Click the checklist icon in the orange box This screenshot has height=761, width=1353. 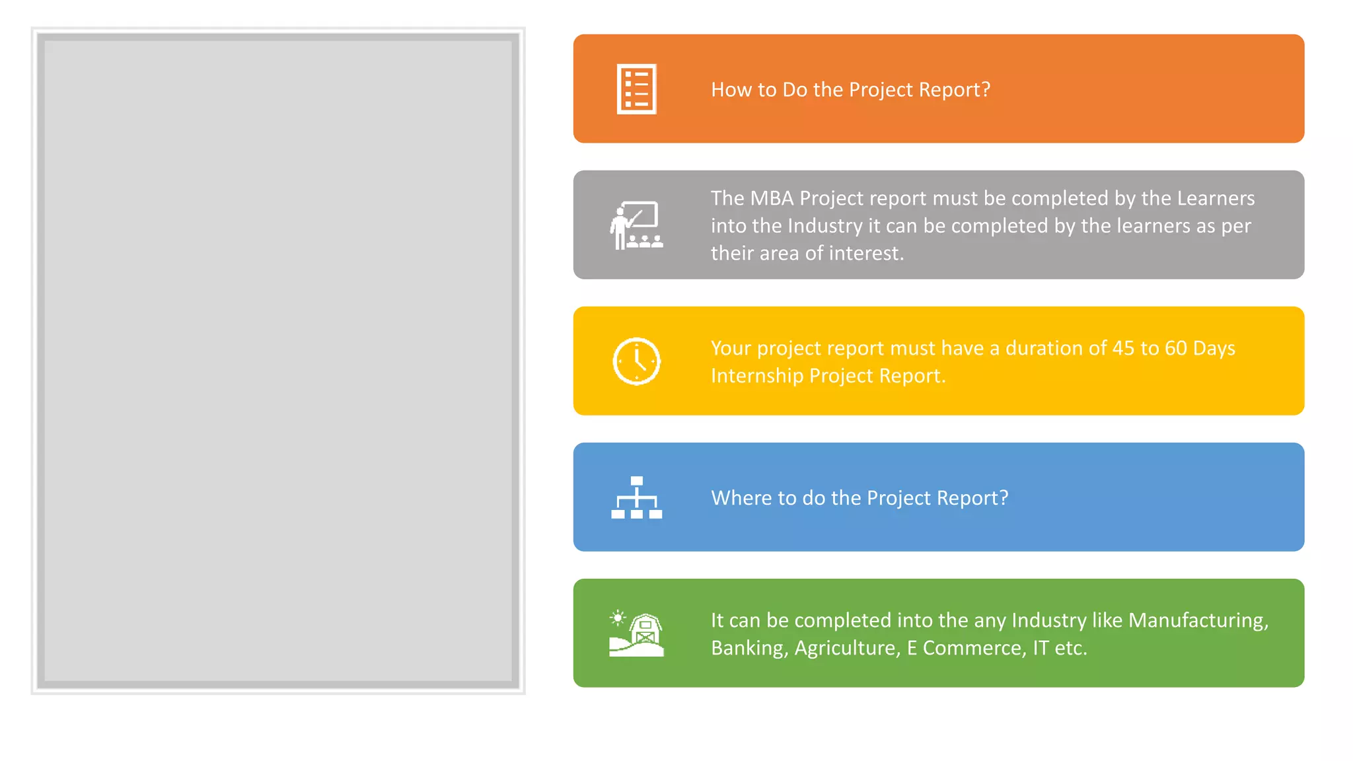coord(636,89)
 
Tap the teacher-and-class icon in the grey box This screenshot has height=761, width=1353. coord(636,225)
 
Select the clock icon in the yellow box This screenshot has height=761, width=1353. coord(636,361)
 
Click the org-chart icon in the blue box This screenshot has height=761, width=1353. coord(636,497)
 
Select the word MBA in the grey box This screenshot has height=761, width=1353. coord(772,198)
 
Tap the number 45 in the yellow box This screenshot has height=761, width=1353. coord(1123,348)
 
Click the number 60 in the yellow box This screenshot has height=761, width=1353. coord(1176,348)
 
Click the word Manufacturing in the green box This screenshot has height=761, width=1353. coord(1198,620)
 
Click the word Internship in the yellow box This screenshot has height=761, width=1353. coord(757,376)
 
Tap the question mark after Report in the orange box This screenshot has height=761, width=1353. coord(986,90)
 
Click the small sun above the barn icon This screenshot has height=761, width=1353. coord(618,618)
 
